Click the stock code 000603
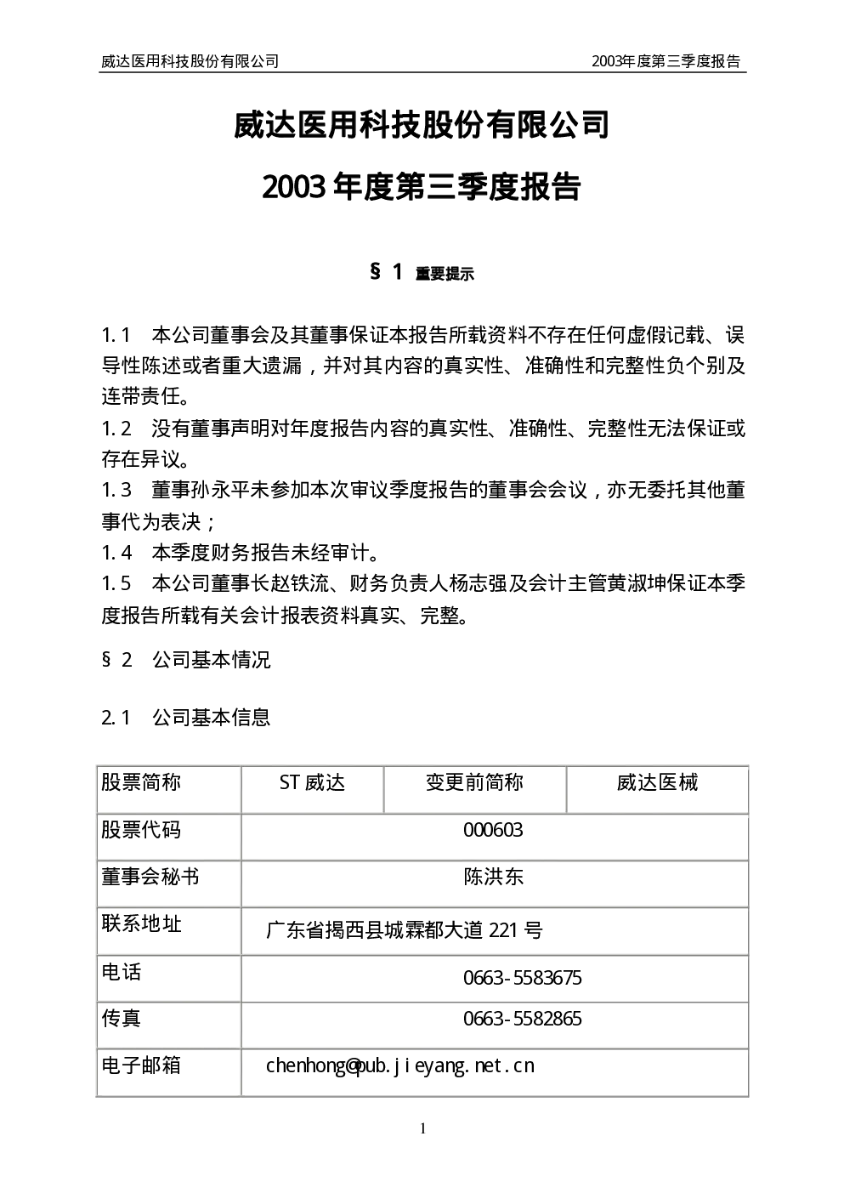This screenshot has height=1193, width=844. [x=493, y=830]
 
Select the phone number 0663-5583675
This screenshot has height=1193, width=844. [x=523, y=978]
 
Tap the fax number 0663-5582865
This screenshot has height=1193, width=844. [x=523, y=1019]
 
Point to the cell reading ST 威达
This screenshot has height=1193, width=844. [x=312, y=782]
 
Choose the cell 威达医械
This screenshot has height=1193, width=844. [x=657, y=782]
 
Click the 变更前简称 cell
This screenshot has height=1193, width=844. [x=474, y=782]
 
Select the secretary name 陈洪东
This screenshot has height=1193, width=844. [x=494, y=877]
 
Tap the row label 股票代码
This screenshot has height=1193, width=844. [x=141, y=830]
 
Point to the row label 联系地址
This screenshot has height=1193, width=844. [x=141, y=923]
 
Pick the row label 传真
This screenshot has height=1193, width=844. [x=122, y=1018]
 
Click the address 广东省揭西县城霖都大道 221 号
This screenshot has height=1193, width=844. [x=405, y=930]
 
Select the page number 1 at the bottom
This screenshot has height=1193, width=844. [x=422, y=1128]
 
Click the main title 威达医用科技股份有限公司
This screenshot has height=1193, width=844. [x=422, y=125]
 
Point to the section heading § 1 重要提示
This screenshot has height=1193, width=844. [x=422, y=273]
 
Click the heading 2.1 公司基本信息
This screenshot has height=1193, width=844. [x=186, y=718]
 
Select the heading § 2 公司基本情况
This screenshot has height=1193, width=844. [x=186, y=660]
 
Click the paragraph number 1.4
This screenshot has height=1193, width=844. [x=116, y=553]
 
